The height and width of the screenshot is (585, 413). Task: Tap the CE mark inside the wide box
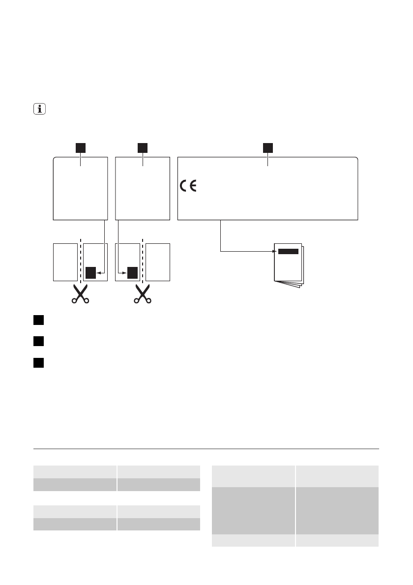[187, 186]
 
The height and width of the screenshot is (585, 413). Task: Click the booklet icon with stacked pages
[289, 265]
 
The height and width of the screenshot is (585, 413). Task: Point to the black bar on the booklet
[288, 251]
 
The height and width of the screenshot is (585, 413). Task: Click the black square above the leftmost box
[80, 147]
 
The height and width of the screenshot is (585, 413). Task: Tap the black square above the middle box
[143, 147]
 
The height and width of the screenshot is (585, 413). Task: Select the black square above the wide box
[267, 147]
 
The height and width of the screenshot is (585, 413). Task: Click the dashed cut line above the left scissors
[80, 261]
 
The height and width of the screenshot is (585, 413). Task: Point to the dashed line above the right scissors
[142, 261]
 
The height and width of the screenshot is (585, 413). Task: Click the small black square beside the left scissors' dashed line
[90, 272]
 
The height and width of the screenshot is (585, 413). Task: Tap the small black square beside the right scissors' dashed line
[132, 272]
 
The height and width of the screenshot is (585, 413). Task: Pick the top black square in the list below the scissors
[39, 321]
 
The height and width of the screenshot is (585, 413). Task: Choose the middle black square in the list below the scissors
[39, 341]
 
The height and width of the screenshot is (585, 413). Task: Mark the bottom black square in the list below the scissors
[39, 362]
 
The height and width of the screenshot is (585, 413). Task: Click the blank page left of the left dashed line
[64, 262]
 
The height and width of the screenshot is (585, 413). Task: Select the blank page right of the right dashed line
[158, 262]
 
